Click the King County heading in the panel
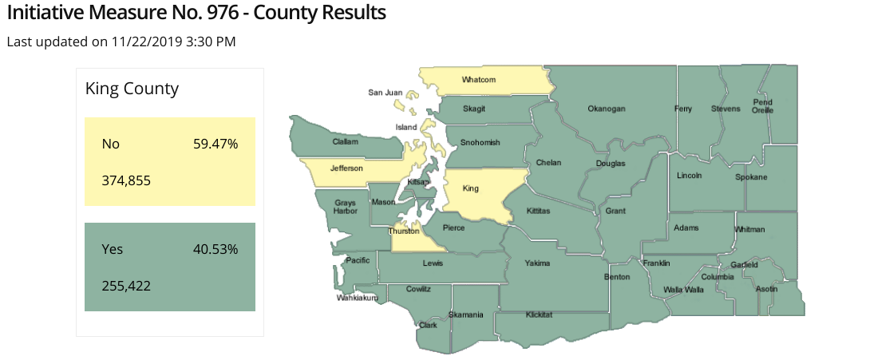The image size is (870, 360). pyautogui.click(x=132, y=89)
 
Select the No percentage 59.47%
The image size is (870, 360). pyautogui.click(x=216, y=144)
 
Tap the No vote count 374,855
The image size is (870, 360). pyautogui.click(x=126, y=180)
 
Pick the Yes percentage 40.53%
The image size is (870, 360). pyautogui.click(x=216, y=249)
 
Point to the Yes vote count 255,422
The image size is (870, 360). pyautogui.click(x=126, y=285)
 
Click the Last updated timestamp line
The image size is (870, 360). pyautogui.click(x=121, y=42)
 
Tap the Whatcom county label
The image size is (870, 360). pyautogui.click(x=479, y=80)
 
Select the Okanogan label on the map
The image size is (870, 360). pyautogui.click(x=606, y=109)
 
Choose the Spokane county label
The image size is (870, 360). pyautogui.click(x=751, y=177)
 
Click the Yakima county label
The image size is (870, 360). pyautogui.click(x=537, y=263)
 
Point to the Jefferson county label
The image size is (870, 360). pyautogui.click(x=346, y=168)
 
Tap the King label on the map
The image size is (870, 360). pyautogui.click(x=471, y=189)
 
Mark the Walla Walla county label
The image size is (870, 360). pyautogui.click(x=684, y=289)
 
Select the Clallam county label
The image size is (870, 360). pyautogui.click(x=346, y=142)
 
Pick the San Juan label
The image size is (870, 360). pyautogui.click(x=385, y=93)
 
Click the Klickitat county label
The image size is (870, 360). pyautogui.click(x=539, y=315)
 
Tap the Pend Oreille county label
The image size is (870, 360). pyautogui.click(x=762, y=106)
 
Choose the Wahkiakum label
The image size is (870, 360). pyautogui.click(x=356, y=297)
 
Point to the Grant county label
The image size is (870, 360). pyautogui.click(x=615, y=211)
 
